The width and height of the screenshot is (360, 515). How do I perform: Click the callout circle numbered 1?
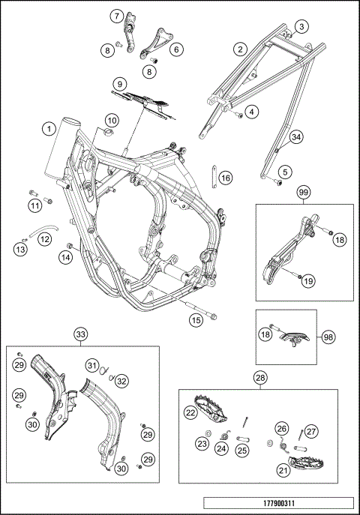[x=49, y=128]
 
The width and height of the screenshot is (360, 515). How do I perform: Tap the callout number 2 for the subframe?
[x=241, y=49]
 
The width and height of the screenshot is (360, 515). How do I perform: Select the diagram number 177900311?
[x=278, y=503]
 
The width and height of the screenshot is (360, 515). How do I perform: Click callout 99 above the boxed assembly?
[x=304, y=193]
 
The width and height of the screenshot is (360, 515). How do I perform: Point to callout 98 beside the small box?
[x=328, y=337]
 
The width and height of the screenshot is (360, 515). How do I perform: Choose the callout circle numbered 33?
[x=81, y=334]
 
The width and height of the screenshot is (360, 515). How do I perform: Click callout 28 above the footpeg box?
[x=260, y=378]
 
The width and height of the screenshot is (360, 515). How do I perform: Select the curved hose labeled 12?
[x=43, y=229]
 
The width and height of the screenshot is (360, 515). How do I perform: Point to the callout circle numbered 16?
[x=226, y=178]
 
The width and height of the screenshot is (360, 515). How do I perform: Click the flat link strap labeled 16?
[x=214, y=176]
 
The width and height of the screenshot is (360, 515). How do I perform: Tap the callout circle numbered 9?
[x=119, y=84]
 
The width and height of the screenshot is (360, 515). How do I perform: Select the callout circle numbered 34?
[x=296, y=137]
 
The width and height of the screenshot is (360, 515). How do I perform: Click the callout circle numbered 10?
[x=112, y=121]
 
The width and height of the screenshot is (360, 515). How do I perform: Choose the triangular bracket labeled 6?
[x=157, y=43]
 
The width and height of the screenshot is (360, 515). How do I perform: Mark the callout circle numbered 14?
[x=66, y=258]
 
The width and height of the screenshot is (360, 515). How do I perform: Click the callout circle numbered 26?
[x=282, y=428]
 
